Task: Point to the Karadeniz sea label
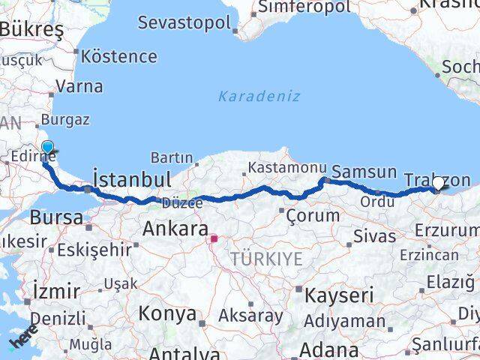[x=259, y=96]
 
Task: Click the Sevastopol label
[x=184, y=22]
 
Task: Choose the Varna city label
[x=79, y=86]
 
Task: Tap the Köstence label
[x=118, y=56]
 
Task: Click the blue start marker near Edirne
[x=48, y=148]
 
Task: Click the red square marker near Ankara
[x=214, y=239]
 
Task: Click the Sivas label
[x=376, y=236]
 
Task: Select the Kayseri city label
[x=339, y=295]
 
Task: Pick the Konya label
[x=168, y=313]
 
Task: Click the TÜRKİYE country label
[x=267, y=259]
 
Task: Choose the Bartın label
[x=172, y=157]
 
